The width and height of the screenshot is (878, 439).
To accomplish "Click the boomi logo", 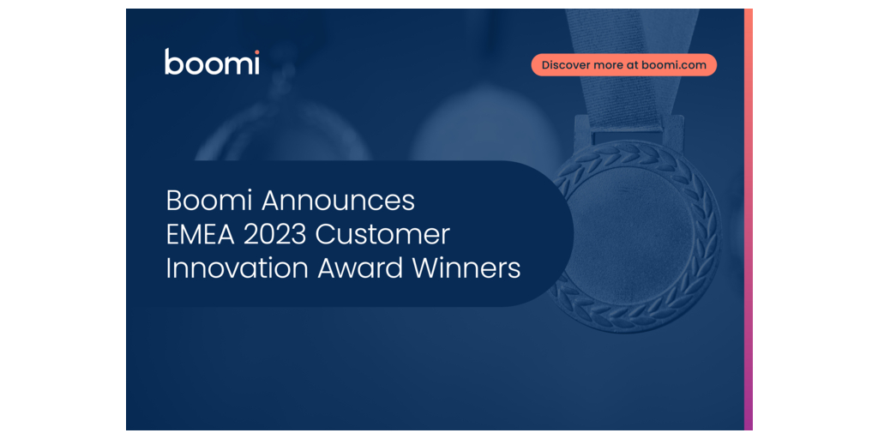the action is [x=213, y=62].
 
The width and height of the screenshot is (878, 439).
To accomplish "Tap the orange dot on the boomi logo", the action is [x=256, y=51].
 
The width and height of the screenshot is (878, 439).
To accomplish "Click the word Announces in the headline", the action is [x=338, y=201].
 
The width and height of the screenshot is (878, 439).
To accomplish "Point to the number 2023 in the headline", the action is [x=274, y=235].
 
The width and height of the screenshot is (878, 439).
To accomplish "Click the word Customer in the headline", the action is [x=383, y=235].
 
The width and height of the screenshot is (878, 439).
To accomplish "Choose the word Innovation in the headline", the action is [x=238, y=268].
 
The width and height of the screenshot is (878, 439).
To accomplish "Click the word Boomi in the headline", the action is [x=209, y=201].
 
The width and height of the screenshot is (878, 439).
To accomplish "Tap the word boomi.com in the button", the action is [x=674, y=65].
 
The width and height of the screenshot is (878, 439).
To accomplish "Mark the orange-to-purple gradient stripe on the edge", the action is [x=748, y=219].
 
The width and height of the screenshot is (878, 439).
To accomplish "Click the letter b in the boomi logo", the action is [x=173, y=62].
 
